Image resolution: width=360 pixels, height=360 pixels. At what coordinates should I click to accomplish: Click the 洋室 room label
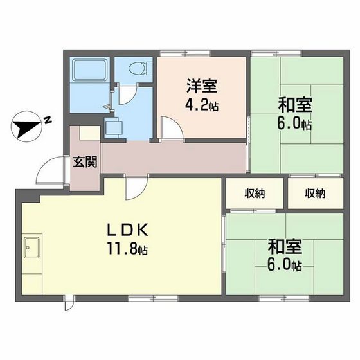(x=202, y=86)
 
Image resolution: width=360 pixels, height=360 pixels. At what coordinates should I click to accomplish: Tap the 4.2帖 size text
(x=202, y=105)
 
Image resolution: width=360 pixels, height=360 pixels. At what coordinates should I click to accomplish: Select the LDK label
(x=128, y=230)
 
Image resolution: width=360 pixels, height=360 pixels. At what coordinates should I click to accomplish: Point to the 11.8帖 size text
(x=127, y=249)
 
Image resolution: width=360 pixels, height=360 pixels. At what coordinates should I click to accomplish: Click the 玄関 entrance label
(x=85, y=161)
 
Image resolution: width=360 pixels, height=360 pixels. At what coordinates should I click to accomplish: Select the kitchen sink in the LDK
(x=32, y=248)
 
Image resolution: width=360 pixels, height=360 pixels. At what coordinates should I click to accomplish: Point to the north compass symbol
(x=26, y=126)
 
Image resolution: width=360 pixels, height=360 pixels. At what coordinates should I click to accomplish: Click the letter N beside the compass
(x=48, y=120)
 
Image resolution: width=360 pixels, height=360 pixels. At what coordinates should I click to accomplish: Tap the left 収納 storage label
(x=255, y=194)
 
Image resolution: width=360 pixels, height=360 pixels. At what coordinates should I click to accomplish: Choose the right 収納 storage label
(x=315, y=194)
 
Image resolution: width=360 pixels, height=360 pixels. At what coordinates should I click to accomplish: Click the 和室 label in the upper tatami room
(x=295, y=105)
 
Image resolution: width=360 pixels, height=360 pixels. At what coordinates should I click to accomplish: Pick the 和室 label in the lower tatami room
(x=285, y=246)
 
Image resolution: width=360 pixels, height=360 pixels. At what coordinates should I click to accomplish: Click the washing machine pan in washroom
(x=113, y=128)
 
